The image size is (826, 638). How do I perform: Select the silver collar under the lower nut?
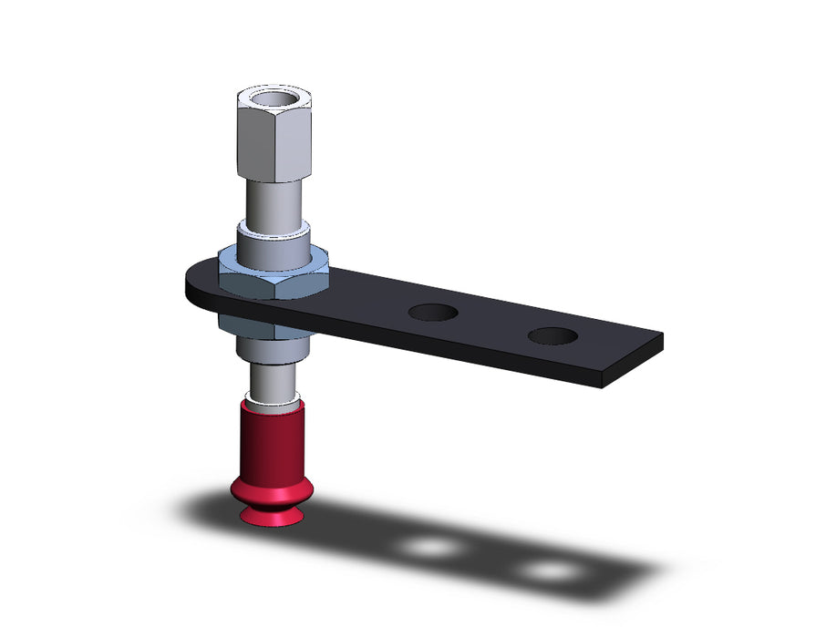(270, 349)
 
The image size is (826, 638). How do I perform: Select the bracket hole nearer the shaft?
(432, 313)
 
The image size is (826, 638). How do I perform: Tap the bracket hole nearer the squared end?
(552, 335)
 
